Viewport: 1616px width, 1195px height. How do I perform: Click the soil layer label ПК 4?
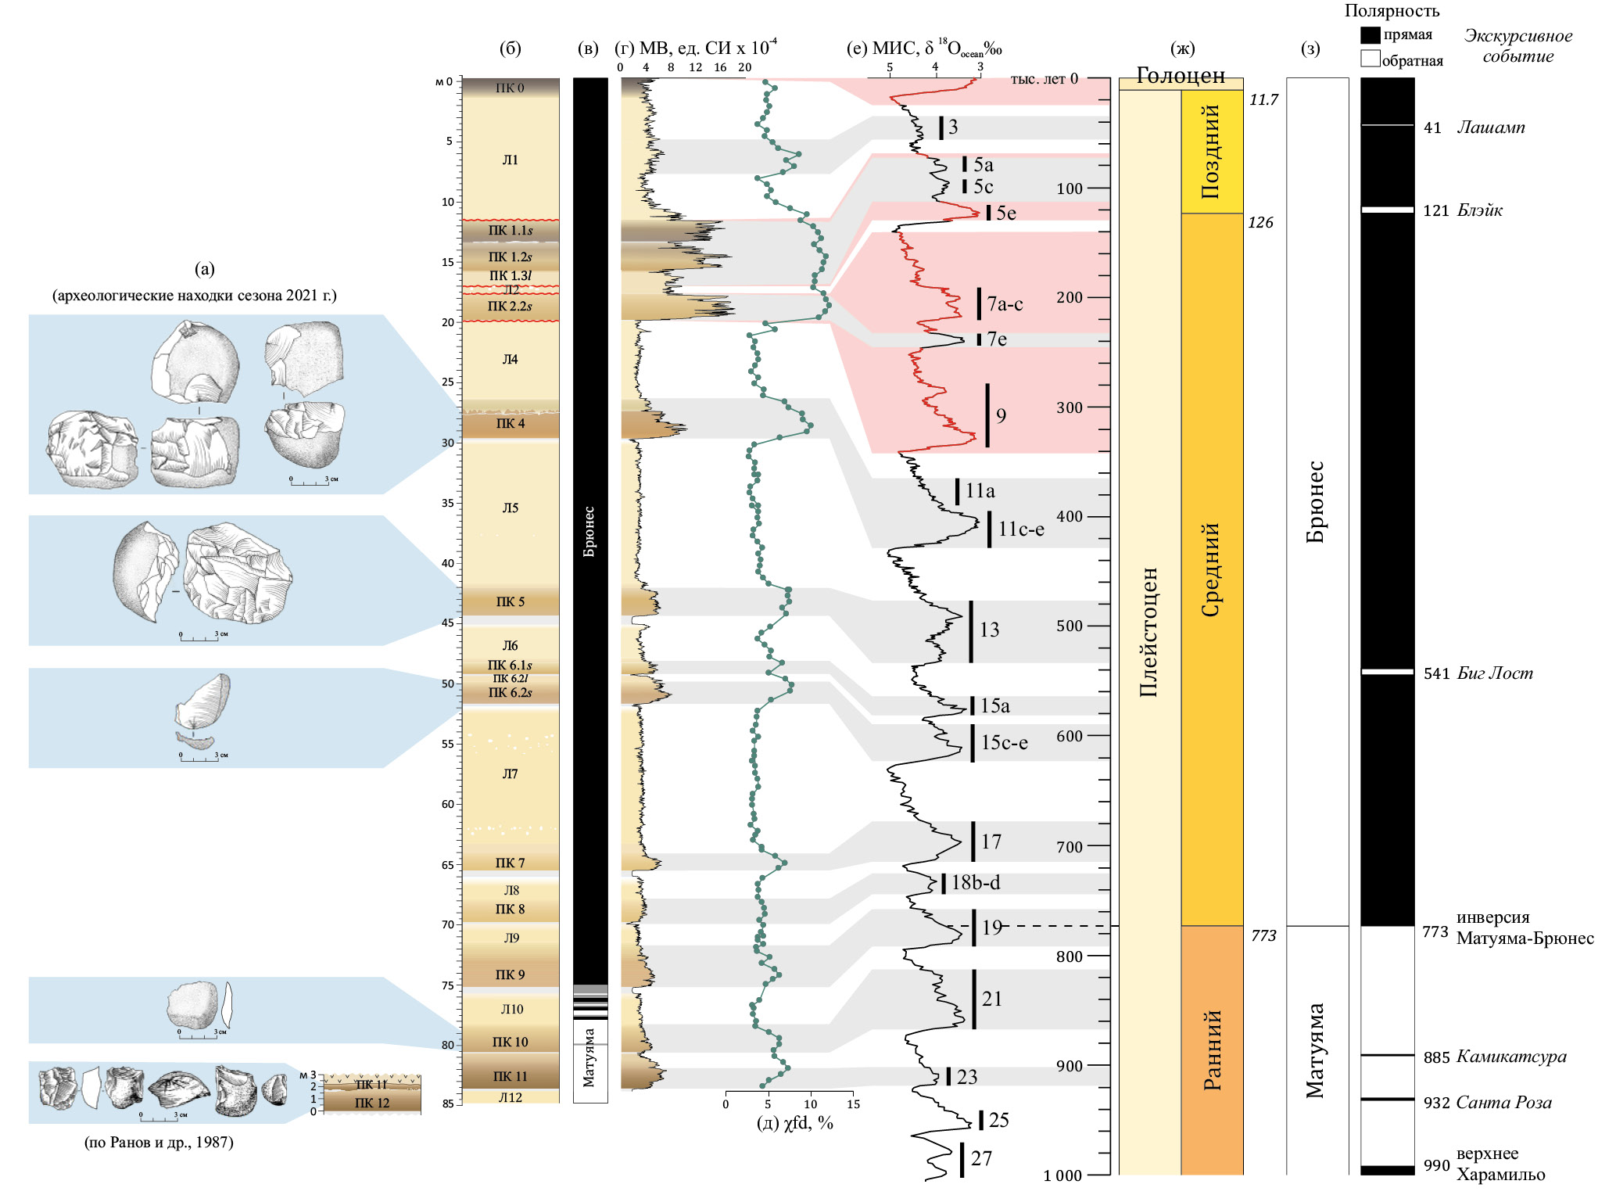(x=511, y=424)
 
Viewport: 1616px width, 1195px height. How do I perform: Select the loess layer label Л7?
(x=510, y=774)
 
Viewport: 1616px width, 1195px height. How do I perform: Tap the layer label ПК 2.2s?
(x=510, y=307)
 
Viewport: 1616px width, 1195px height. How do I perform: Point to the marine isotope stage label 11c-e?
(x=1021, y=529)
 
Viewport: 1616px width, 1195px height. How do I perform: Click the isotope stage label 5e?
(x=1006, y=214)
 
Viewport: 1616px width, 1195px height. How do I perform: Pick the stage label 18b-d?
(x=976, y=883)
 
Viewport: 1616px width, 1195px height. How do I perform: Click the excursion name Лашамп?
(x=1491, y=127)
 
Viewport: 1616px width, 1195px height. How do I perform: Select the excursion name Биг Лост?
(x=1495, y=673)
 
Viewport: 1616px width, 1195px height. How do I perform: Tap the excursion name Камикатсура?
(x=1511, y=1057)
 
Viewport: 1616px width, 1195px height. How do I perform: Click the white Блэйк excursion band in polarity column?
(x=1388, y=210)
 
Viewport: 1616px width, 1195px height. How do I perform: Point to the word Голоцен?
(x=1180, y=76)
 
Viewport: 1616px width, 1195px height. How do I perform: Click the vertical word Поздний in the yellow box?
(x=1211, y=151)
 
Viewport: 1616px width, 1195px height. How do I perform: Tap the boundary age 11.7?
(x=1263, y=100)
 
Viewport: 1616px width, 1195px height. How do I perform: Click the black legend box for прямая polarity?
(x=1370, y=35)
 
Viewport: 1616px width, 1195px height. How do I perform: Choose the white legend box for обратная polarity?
(x=1370, y=59)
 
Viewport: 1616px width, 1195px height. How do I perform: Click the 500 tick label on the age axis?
(x=1070, y=626)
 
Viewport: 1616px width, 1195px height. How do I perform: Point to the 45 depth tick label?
(x=447, y=623)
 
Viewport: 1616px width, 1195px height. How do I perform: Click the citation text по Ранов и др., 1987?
(x=159, y=1143)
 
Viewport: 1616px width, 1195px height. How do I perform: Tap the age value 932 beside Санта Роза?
(x=1436, y=1103)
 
